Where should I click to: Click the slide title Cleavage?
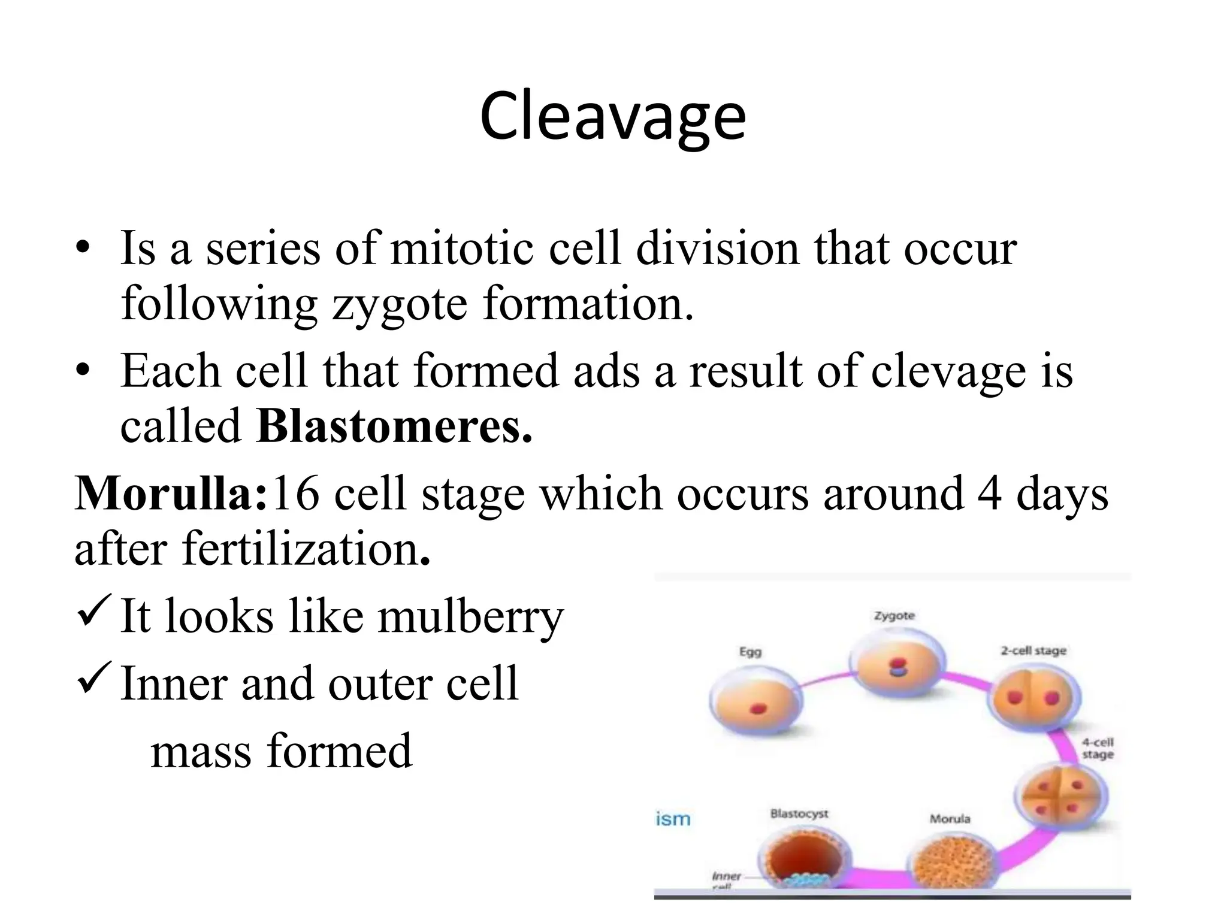(x=612, y=117)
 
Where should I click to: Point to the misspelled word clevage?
(x=948, y=371)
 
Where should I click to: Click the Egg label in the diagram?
(x=750, y=652)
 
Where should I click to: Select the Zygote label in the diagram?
(x=894, y=616)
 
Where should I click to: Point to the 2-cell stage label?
(x=1033, y=650)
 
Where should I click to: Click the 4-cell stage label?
(x=1097, y=749)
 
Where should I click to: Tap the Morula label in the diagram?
(x=950, y=819)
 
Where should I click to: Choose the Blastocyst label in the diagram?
(x=799, y=814)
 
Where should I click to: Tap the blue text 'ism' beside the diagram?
(x=673, y=819)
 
